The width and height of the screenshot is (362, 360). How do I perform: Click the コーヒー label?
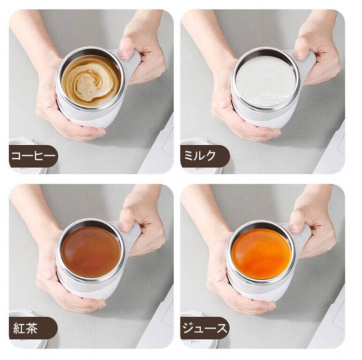tap(33, 156)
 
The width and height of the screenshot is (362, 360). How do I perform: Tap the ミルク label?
tap(200, 156)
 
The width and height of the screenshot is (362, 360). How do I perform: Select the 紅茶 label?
tap(26, 328)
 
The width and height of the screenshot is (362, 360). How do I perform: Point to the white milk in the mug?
tap(265, 82)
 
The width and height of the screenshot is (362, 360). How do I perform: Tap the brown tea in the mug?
tap(91, 252)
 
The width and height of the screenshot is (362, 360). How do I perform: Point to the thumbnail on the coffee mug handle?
tap(125, 55)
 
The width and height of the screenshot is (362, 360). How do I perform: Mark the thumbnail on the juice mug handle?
tap(295, 228)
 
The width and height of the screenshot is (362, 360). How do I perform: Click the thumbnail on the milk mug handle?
tap(300, 55)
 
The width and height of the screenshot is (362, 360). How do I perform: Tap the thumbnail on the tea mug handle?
tap(125, 227)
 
